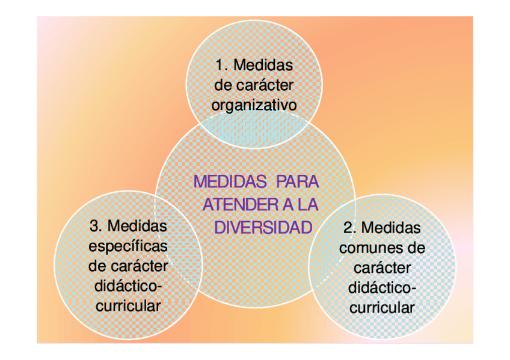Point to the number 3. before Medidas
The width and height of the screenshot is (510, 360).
[x=97, y=226]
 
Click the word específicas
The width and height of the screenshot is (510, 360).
[x=128, y=246]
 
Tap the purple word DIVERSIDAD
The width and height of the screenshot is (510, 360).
[x=263, y=228]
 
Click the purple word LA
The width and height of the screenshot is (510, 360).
[x=308, y=204]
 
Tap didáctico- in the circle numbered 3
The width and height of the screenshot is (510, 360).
[x=128, y=285]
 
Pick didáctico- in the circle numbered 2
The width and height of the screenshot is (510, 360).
[x=382, y=288]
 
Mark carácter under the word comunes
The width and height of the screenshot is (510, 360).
[x=382, y=268]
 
